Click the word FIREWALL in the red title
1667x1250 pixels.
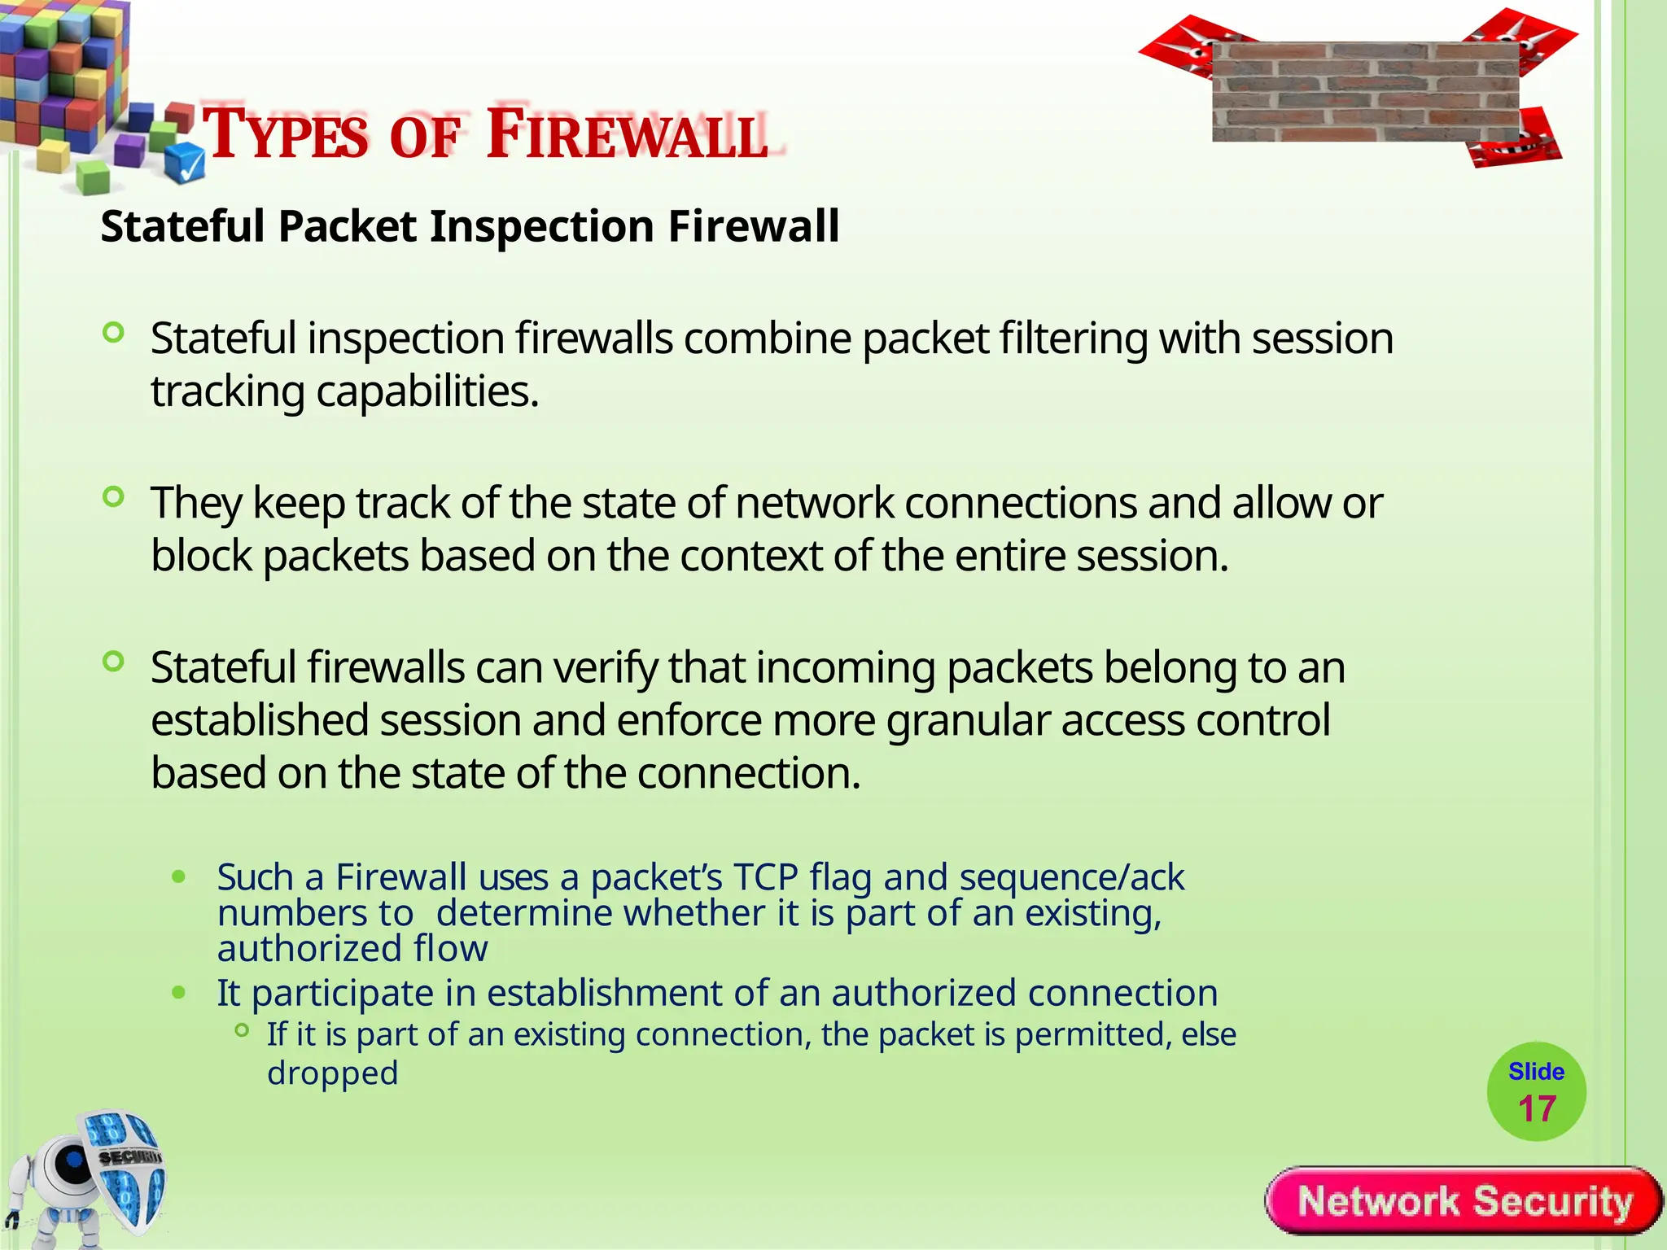pyautogui.click(x=627, y=134)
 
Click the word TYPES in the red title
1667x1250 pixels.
pyautogui.click(x=285, y=134)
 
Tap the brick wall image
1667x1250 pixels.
pyautogui.click(x=1365, y=92)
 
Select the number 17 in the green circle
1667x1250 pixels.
pyautogui.click(x=1537, y=1109)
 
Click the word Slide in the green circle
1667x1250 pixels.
pyautogui.click(x=1536, y=1072)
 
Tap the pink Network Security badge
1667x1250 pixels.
pyautogui.click(x=1464, y=1201)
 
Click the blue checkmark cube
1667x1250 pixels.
pyautogui.click(x=186, y=164)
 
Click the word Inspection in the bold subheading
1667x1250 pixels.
pyautogui.click(x=542, y=226)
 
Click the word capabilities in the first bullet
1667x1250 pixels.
pyautogui.click(x=427, y=391)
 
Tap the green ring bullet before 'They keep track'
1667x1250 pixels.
pyautogui.click(x=114, y=496)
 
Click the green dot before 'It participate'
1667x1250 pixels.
pyautogui.click(x=179, y=994)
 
